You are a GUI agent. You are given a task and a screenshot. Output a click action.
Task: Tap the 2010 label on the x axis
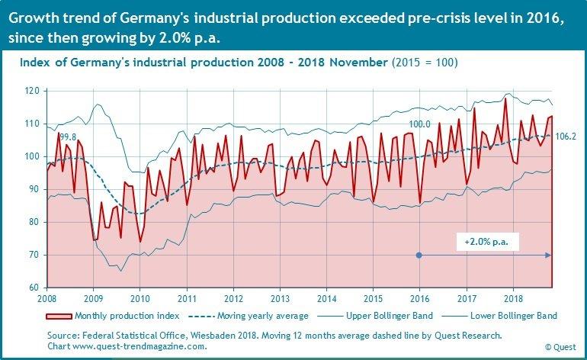tap(140, 297)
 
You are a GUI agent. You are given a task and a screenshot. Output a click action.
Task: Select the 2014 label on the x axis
tap(326, 297)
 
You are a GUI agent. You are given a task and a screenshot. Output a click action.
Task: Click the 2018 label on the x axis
tap(513, 297)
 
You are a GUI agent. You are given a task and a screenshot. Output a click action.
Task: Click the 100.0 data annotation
tap(420, 124)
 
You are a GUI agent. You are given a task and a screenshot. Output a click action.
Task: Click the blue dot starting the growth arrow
tap(419, 255)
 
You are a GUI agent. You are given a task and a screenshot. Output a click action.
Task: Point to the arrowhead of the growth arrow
tap(549, 255)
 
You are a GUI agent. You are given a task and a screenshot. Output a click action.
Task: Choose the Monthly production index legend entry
tap(127, 315)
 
